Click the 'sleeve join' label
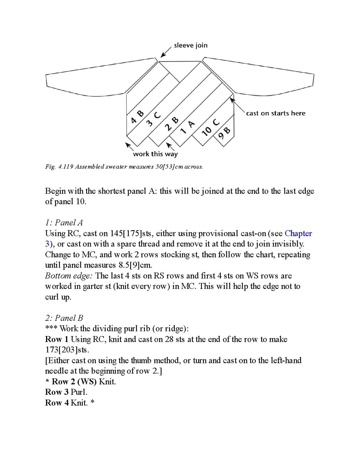pos(190,45)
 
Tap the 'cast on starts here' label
pos(275,113)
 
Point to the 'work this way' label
pos(155,154)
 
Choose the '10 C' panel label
pos(210,128)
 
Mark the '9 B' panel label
pos(224,133)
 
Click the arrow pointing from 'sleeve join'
pos(166,52)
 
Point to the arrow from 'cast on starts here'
pos(237,105)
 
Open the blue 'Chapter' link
pos(298,233)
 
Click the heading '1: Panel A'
pos(64,222)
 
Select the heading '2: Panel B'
pos(64,318)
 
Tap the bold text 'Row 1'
pos(56,339)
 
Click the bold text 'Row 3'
pos(56,392)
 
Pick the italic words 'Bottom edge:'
pos(69,276)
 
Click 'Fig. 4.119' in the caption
pos(59,167)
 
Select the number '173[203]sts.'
pos(67,350)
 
